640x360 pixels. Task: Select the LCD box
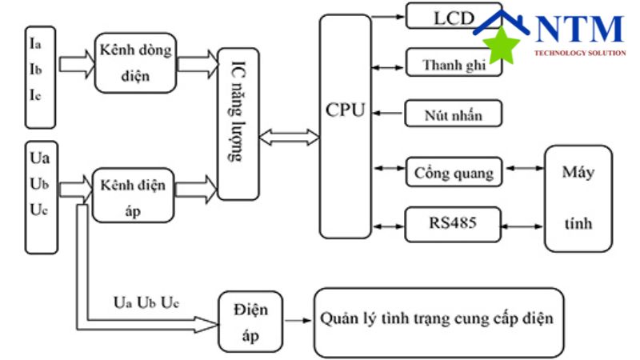[x=448, y=16]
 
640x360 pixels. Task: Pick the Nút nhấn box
[x=454, y=114]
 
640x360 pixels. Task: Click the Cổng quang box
[x=454, y=170]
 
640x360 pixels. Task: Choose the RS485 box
[x=453, y=223]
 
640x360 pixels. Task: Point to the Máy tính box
[x=577, y=198]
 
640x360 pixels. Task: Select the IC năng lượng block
[x=238, y=124]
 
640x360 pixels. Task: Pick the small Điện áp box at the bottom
[x=250, y=321]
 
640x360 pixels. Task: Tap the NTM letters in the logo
[x=579, y=30]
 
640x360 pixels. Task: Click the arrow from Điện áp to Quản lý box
[x=298, y=322]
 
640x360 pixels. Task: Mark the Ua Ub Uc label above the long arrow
[x=146, y=303]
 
